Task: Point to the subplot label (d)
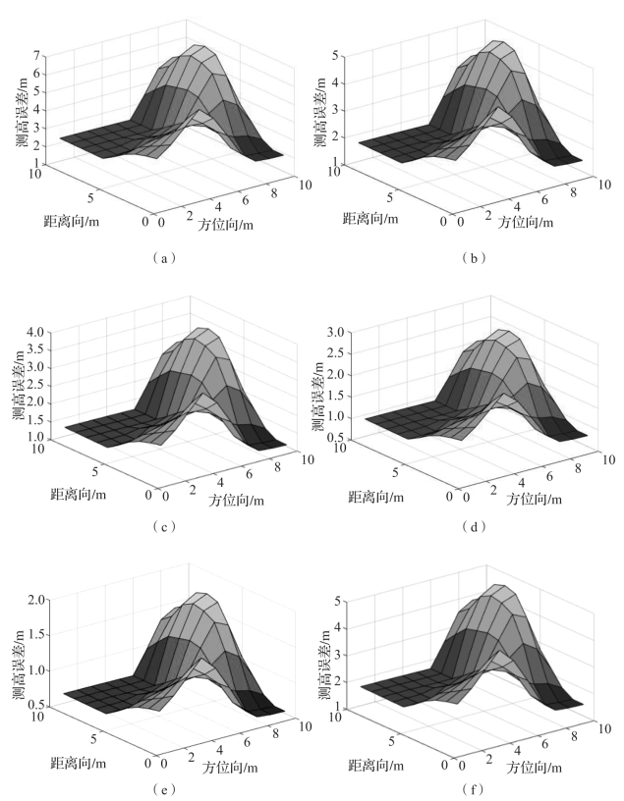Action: (x=469, y=527)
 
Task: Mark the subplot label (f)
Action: (x=469, y=787)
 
